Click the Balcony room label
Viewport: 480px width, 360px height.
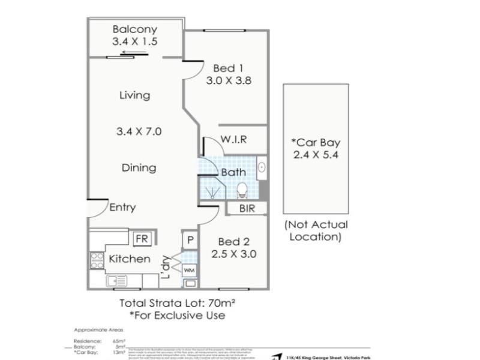coord(134,29)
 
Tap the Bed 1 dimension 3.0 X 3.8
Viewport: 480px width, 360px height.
coord(228,81)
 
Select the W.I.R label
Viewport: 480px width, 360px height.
coord(235,140)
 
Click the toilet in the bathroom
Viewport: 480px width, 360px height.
coord(242,190)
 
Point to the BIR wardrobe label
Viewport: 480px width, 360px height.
coord(247,209)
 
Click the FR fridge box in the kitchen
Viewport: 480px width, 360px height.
coord(142,239)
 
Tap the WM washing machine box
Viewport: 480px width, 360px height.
coord(189,271)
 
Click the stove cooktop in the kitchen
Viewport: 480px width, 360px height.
coord(97,260)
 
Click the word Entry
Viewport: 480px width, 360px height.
coord(122,208)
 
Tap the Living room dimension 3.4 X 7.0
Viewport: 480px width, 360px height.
coord(139,131)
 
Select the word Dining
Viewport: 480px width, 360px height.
coord(139,168)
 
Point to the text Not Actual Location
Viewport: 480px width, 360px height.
coord(316,230)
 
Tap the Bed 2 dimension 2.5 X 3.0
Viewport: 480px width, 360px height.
coord(234,254)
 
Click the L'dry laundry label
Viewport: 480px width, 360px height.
coord(166,268)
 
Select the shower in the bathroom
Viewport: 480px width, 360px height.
coord(212,191)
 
